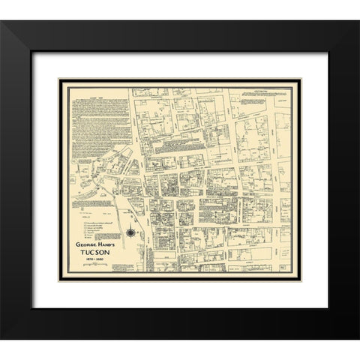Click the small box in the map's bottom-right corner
click(286, 268)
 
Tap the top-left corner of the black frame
click(2, 22)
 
